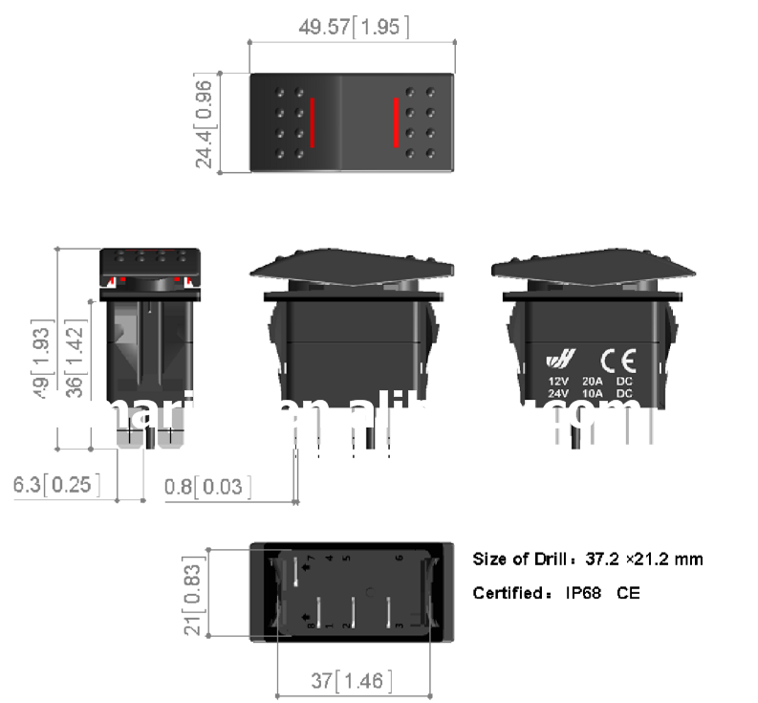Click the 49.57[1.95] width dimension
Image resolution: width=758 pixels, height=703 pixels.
click(354, 28)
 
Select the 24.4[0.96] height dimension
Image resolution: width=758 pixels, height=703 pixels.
click(204, 122)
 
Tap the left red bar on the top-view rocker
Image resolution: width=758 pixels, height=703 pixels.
click(312, 122)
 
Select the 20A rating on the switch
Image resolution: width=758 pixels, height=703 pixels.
click(592, 381)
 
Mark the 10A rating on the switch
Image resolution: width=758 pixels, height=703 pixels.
click(592, 393)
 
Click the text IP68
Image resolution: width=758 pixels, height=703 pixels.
click(583, 593)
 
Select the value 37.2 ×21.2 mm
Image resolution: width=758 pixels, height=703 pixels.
click(641, 560)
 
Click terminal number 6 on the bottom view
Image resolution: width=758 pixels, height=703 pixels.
click(399, 558)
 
